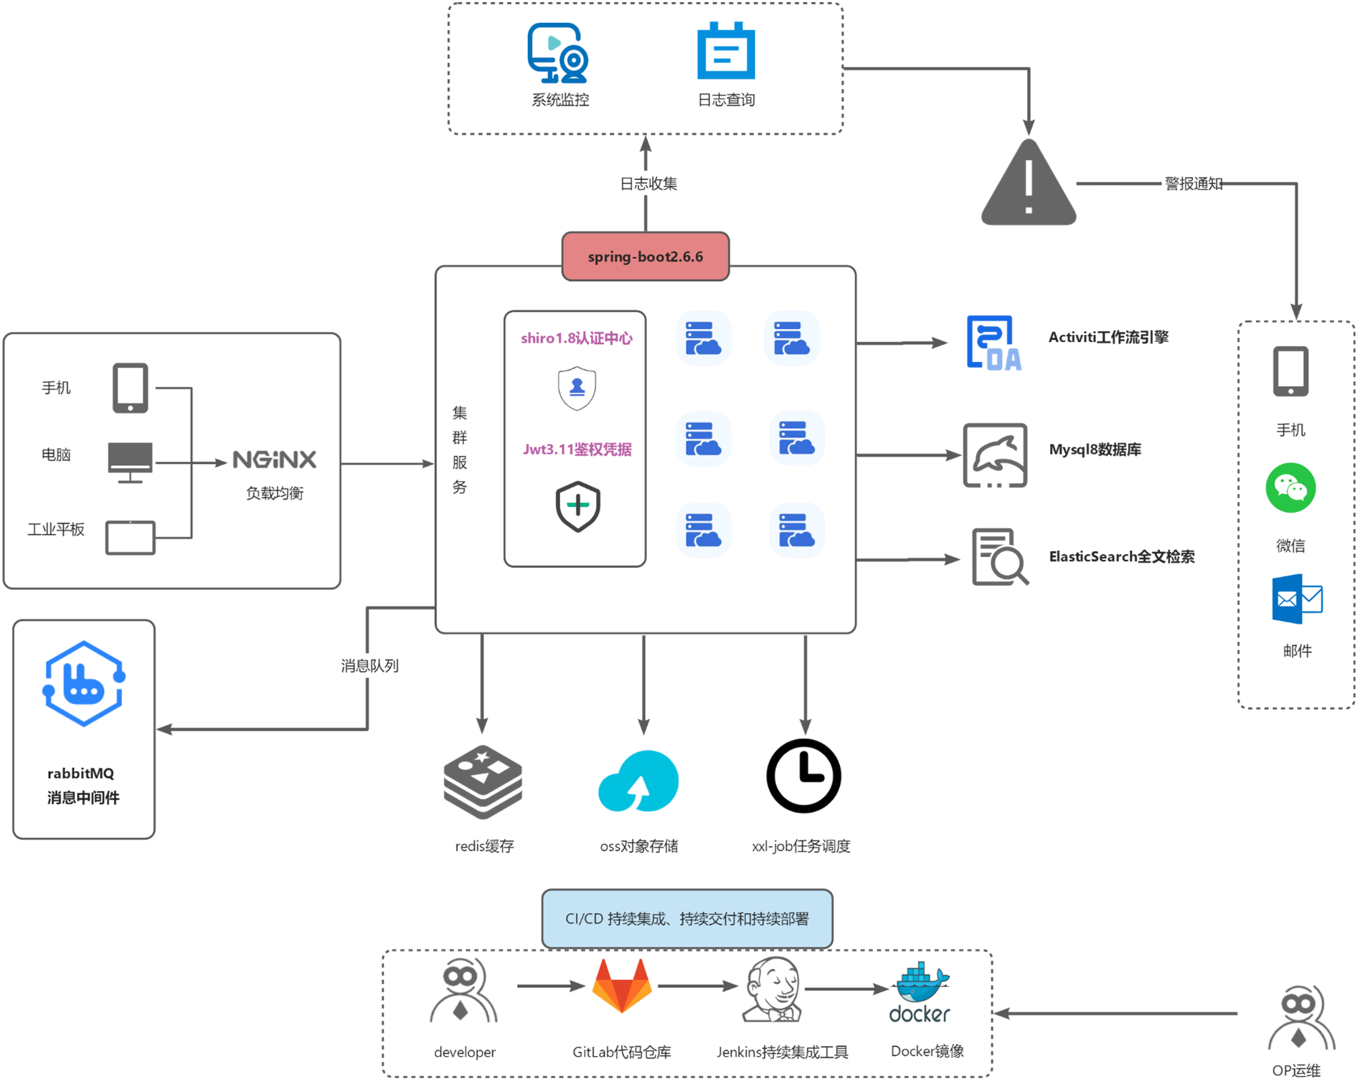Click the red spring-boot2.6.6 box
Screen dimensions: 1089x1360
(645, 256)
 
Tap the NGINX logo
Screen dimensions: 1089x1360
(274, 460)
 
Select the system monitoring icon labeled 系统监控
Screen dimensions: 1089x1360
(558, 53)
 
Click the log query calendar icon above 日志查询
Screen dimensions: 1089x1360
(726, 51)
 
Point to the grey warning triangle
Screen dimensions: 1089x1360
(1029, 185)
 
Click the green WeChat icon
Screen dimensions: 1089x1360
(1290, 488)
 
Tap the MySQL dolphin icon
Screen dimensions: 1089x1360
(995, 455)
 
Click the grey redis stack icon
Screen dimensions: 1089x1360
(483, 781)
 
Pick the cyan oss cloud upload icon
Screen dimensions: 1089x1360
(638, 781)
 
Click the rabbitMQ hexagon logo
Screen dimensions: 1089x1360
(84, 683)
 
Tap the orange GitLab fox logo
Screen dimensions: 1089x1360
(622, 986)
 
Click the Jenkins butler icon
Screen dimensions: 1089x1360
(772, 989)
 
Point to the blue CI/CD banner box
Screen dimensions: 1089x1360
(687, 918)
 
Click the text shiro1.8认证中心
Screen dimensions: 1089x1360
(576, 338)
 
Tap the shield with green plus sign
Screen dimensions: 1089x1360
(577, 506)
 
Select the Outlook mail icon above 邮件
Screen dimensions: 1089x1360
(1297, 599)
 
